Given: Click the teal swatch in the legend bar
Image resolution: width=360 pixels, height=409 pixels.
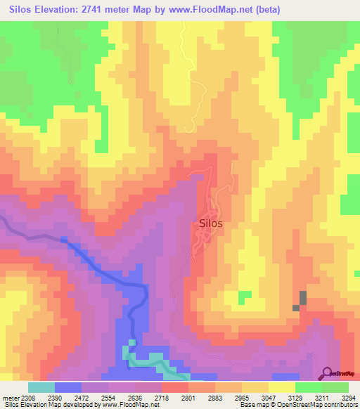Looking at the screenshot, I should (41, 387).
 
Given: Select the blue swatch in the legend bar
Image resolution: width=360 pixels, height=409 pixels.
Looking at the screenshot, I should (67, 387).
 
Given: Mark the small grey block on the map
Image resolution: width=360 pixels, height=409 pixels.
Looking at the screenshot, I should (302, 300).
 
